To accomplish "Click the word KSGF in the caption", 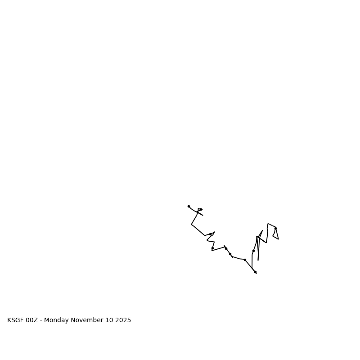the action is [x=15, y=320].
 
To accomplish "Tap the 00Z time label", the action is [x=32, y=320].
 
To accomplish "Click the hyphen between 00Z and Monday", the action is [x=41, y=320].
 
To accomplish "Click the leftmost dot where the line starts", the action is [x=189, y=206].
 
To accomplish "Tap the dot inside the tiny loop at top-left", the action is [x=201, y=209].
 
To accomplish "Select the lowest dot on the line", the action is [x=255, y=272].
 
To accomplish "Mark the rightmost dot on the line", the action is [x=275, y=228].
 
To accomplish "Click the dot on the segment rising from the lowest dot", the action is [x=253, y=251].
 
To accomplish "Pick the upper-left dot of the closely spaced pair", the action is [x=226, y=248].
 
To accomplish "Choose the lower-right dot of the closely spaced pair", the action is [x=230, y=254].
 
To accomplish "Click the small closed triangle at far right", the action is [x=275, y=234].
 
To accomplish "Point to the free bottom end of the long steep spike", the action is [x=258, y=260].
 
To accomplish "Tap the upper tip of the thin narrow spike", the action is [x=262, y=231].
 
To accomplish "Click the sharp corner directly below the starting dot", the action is [x=191, y=225].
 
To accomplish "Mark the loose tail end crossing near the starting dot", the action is [x=203, y=216].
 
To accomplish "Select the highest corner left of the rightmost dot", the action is [x=268, y=224].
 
